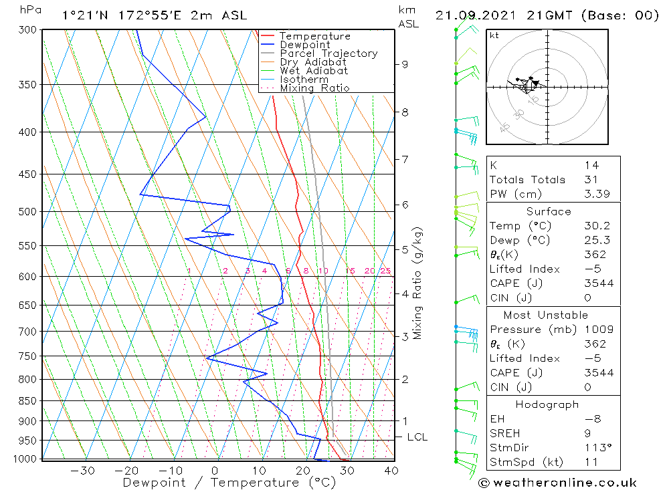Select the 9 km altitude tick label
click(405, 64)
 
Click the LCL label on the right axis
click(417, 437)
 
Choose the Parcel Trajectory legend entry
click(328, 53)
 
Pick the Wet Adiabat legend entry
click(314, 71)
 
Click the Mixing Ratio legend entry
click(314, 88)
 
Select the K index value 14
click(591, 165)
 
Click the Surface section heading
click(548, 212)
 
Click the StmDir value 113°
click(596, 448)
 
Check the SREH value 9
click(587, 433)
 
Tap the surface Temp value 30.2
click(594, 226)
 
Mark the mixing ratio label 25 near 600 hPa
click(385, 271)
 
